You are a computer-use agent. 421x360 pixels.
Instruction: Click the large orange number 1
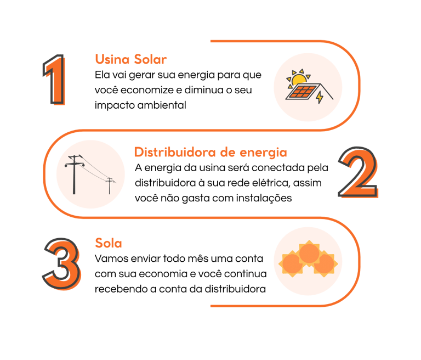56,81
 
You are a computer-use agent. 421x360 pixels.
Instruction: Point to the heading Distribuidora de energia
210,152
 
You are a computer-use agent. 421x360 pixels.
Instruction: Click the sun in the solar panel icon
299,80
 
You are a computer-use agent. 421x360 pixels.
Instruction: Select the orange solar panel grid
303,92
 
